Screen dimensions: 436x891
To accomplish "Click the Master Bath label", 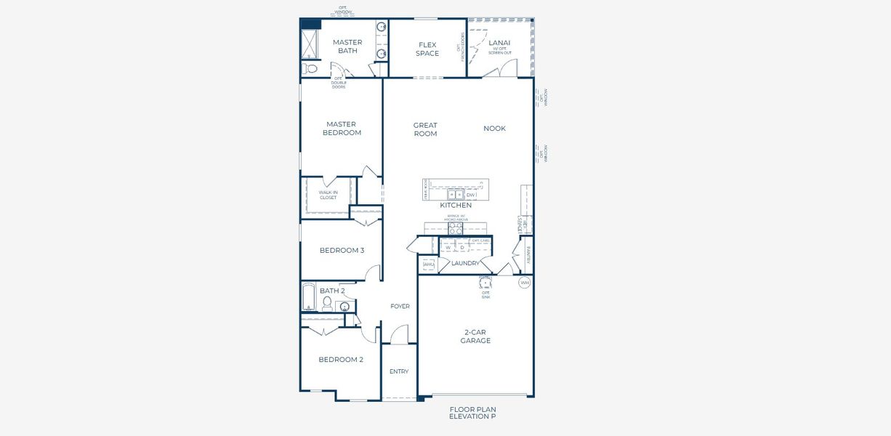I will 347,47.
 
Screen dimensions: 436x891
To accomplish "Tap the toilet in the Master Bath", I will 310,69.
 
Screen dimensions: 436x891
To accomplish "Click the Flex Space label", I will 427,49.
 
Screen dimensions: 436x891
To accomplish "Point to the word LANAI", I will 500,43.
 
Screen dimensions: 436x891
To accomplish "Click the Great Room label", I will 425,129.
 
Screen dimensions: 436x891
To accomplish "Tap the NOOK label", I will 494,129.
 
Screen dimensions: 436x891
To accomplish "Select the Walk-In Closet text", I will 328,195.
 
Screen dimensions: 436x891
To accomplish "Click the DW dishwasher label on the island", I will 470,195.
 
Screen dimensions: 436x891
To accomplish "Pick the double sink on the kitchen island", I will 456,195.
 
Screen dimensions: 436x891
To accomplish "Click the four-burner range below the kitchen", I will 455,228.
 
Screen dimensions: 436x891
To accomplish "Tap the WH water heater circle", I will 524,282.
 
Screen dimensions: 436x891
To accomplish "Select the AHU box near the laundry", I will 428,265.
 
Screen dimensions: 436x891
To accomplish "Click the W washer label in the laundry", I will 448,247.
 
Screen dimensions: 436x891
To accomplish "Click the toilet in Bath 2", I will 327,302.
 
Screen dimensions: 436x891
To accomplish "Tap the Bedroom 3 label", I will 342,251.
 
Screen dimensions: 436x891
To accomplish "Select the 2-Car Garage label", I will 477,336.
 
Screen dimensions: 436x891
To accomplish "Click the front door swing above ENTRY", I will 398,336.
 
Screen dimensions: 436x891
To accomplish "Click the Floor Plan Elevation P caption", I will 472,413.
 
